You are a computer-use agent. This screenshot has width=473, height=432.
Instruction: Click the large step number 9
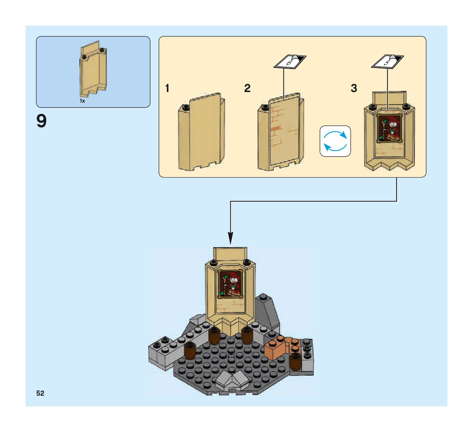point(41,121)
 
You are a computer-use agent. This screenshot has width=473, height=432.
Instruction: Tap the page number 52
point(40,393)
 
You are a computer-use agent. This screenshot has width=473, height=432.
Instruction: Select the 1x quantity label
point(82,101)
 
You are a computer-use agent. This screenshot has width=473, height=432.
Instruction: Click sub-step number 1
point(167,88)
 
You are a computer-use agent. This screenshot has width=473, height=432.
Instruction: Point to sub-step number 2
point(247,88)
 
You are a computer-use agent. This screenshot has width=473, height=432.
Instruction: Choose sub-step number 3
point(354,88)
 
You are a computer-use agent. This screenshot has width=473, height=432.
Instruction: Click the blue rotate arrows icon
point(335,141)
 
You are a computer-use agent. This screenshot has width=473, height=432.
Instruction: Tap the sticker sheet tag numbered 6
point(290,61)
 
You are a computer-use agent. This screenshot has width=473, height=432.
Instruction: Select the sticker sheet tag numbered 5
point(387,61)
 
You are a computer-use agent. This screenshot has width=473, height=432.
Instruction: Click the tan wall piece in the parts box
point(94,70)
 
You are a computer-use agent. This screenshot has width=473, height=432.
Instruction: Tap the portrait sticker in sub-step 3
point(390,129)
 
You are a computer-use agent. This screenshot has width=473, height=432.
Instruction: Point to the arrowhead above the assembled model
point(230,238)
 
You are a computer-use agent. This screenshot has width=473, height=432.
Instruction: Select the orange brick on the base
point(277,347)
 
